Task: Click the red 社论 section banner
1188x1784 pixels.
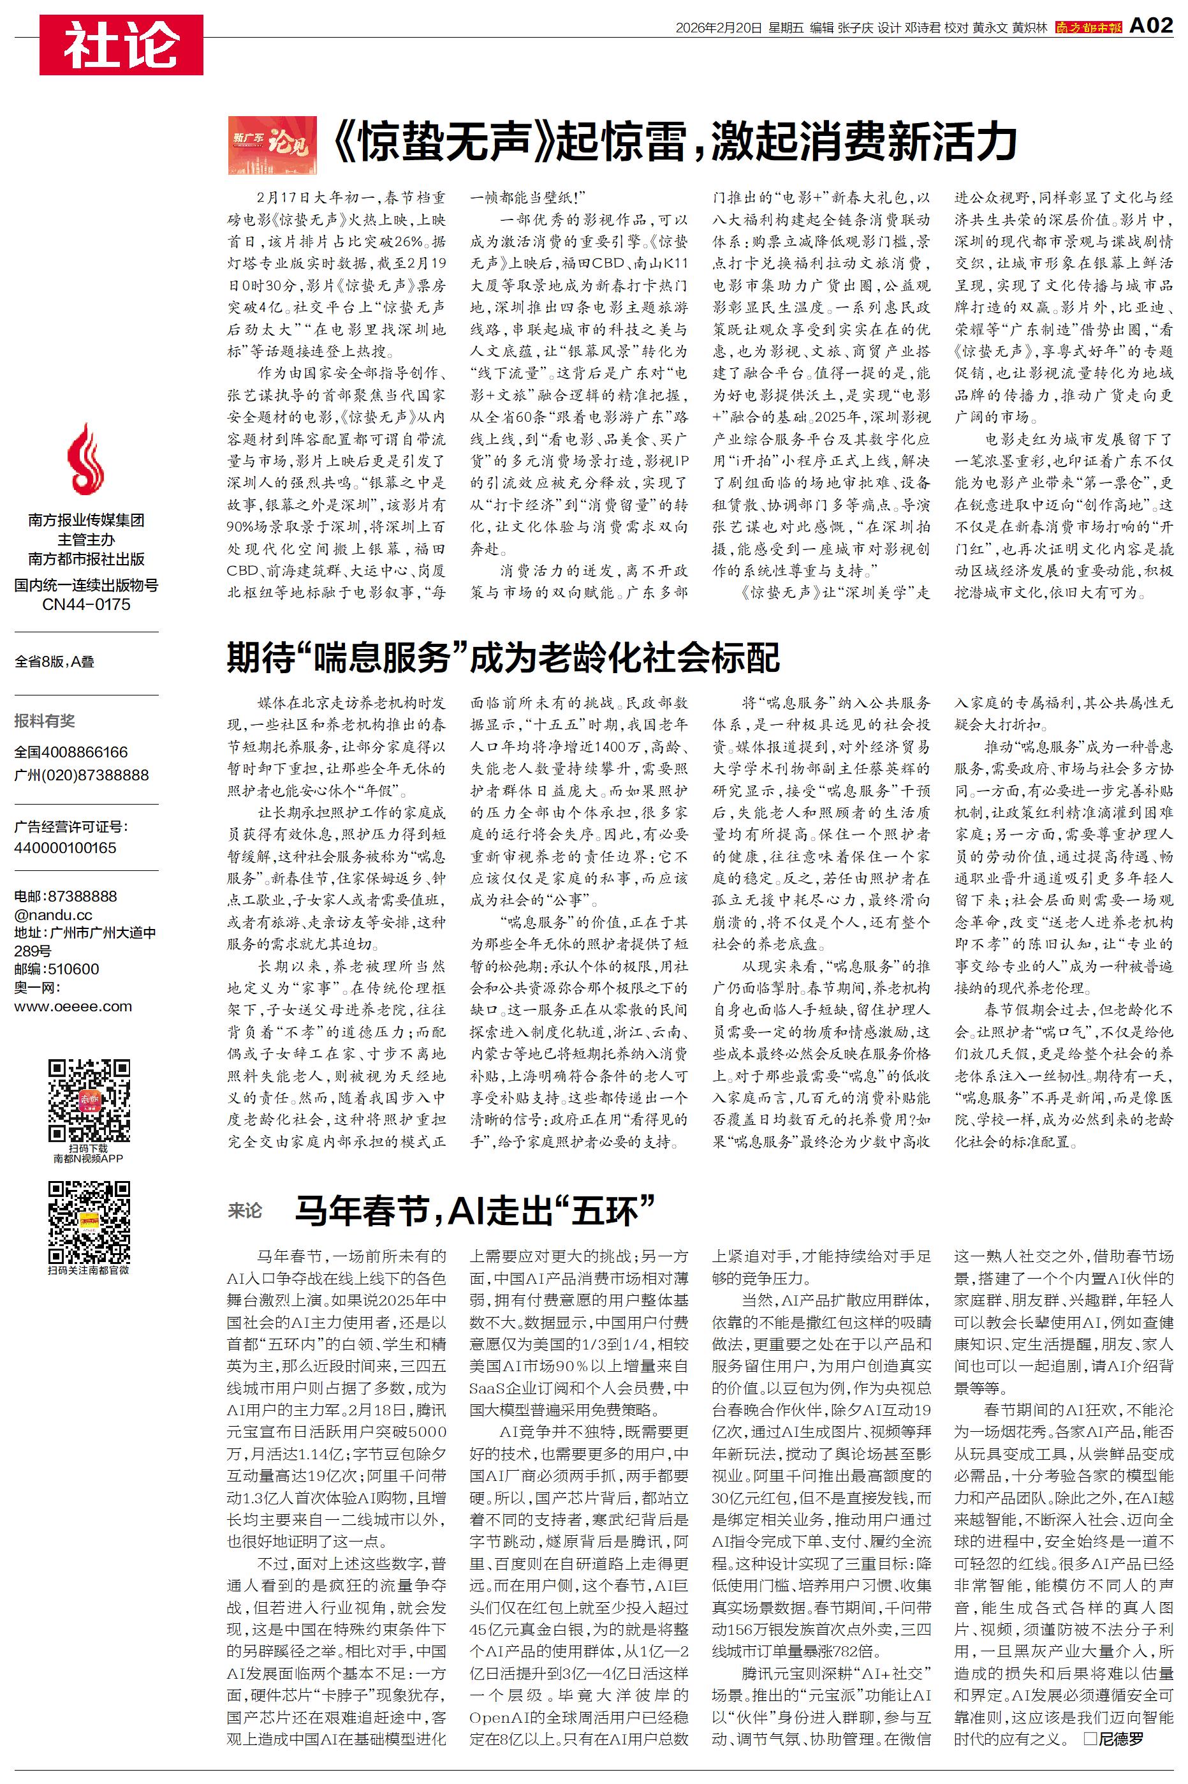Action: (x=121, y=45)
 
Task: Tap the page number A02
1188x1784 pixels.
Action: (x=1151, y=27)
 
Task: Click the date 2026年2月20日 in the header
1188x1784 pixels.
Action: (x=718, y=28)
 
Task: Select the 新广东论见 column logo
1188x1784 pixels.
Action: (x=272, y=145)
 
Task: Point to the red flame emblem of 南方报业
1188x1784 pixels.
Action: (x=85, y=459)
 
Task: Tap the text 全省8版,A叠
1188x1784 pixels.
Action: (x=55, y=662)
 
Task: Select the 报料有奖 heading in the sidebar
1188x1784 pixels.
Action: (x=45, y=721)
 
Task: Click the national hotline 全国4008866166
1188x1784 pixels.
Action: (x=71, y=752)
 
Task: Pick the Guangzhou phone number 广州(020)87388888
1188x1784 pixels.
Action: (x=82, y=775)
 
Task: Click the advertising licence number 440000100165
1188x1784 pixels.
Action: (x=65, y=847)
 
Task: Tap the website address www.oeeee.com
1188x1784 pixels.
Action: (x=73, y=1006)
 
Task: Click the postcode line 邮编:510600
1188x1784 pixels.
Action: (x=56, y=969)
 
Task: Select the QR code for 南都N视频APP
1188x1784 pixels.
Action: (x=89, y=1101)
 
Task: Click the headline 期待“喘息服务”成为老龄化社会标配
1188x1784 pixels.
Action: (x=503, y=657)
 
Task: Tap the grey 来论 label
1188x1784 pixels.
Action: (x=245, y=1210)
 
